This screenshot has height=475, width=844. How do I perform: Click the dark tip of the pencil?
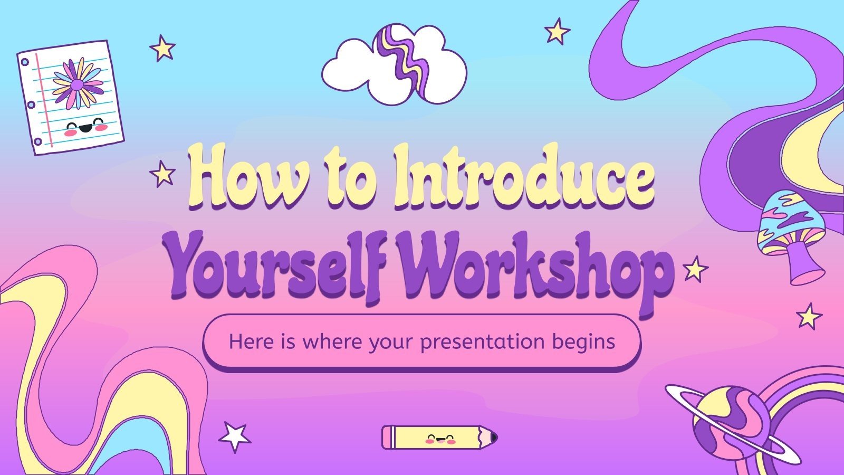494,437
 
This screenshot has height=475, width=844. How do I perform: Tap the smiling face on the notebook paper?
84,127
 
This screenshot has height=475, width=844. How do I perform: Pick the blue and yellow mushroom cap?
790,222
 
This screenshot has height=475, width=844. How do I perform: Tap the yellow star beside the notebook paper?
162,49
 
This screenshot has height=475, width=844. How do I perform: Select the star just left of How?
162,174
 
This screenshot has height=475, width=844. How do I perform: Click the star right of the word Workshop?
695,269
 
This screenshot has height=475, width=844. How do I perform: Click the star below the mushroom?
809,317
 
